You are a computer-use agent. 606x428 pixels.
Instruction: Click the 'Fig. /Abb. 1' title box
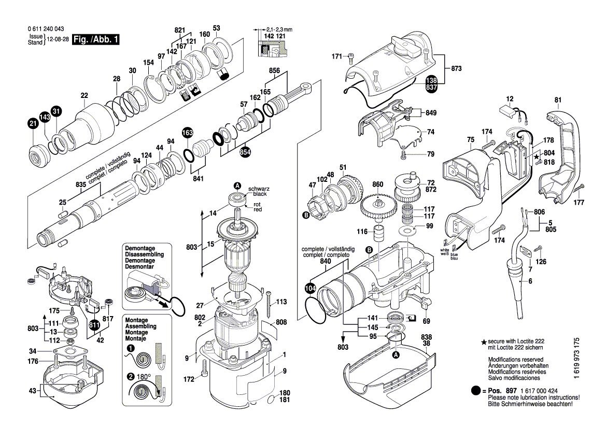pyautogui.click(x=96, y=39)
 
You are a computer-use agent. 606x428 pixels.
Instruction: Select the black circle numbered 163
pyautogui.click(x=187, y=133)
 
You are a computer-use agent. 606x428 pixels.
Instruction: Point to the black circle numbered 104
pyautogui.click(x=310, y=289)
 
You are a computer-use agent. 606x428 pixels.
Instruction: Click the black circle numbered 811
pyautogui.click(x=94, y=325)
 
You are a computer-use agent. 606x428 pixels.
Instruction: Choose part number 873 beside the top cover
pyautogui.click(x=456, y=68)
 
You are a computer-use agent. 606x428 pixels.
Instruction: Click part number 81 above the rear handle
pyautogui.click(x=558, y=99)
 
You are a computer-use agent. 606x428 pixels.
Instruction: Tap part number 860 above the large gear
pyautogui.click(x=377, y=184)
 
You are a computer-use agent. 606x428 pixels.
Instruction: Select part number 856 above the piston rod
pyautogui.click(x=274, y=70)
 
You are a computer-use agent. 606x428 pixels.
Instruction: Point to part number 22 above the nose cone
pyautogui.click(x=84, y=95)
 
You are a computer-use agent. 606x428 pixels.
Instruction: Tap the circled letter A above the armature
pyautogui.click(x=237, y=186)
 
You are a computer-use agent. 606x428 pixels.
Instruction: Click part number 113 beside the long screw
pyautogui.click(x=281, y=302)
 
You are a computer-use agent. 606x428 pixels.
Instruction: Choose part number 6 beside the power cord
pyautogui.click(x=530, y=281)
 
